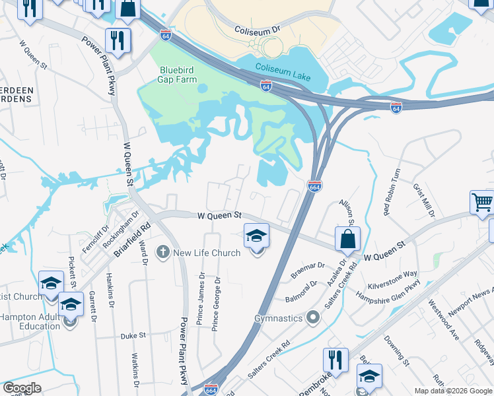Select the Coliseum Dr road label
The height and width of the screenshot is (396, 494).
[x=258, y=30]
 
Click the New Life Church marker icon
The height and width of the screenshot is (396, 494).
[x=163, y=252]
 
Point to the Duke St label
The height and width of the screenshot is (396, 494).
[x=133, y=335]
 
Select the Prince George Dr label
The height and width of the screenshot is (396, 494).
[x=216, y=303]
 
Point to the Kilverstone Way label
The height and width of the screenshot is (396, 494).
[x=393, y=279]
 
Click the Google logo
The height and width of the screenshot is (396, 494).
[x=21, y=388]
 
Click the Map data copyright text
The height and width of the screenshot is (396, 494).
[x=453, y=391]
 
